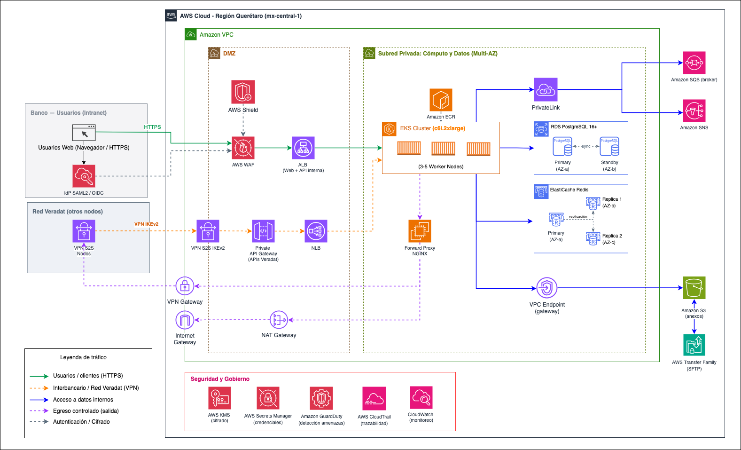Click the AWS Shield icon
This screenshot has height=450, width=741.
[x=243, y=92]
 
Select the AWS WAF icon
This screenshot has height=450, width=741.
[x=243, y=148]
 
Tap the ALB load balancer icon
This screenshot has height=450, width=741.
[x=303, y=148]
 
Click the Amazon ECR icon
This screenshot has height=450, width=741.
[x=441, y=100]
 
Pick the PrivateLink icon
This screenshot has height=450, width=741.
[x=546, y=89]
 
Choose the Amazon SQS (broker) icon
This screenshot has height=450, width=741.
[x=694, y=63]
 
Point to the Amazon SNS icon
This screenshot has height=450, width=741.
[x=694, y=111]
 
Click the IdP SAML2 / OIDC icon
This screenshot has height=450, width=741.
[x=84, y=176]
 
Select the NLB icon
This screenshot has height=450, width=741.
[x=316, y=231]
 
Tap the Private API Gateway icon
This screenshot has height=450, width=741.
[x=263, y=231]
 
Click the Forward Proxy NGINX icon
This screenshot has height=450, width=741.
[x=420, y=231]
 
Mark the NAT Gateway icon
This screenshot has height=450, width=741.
[x=279, y=320]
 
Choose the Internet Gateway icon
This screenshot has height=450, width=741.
[x=185, y=320]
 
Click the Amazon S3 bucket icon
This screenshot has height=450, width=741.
[x=694, y=288]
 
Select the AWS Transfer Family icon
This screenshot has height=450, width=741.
[x=694, y=345]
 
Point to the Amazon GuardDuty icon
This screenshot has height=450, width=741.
[x=321, y=398]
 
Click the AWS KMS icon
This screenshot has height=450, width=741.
[x=219, y=398]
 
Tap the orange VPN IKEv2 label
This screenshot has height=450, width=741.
[x=146, y=224]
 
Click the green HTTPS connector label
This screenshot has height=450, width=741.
[x=152, y=127]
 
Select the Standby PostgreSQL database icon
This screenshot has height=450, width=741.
[x=609, y=146]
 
